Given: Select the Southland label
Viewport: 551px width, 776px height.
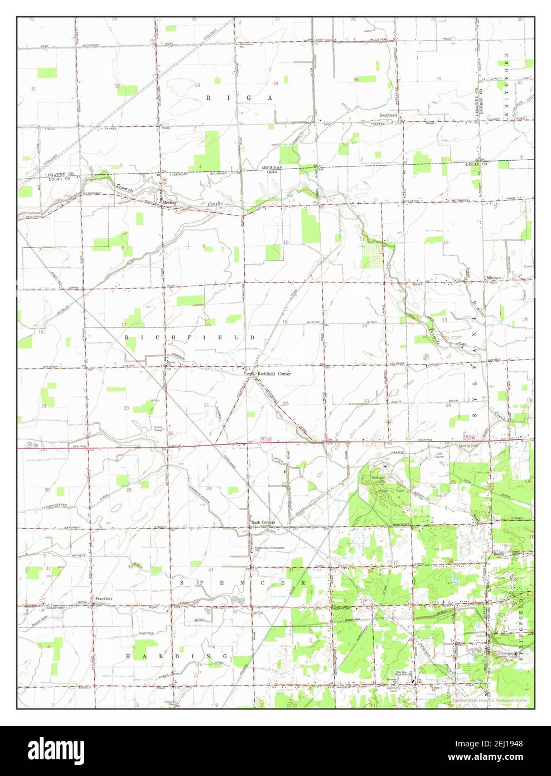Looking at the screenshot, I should coord(388,115).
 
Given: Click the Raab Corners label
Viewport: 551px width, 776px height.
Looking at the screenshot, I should coord(263,522).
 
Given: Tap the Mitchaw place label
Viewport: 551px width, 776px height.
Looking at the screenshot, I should coord(494,277).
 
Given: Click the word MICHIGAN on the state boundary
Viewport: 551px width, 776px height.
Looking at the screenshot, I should coord(273,167).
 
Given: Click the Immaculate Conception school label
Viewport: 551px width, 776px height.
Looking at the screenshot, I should coord(270,548).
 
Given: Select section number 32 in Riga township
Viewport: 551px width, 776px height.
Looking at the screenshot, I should coord(117,86).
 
